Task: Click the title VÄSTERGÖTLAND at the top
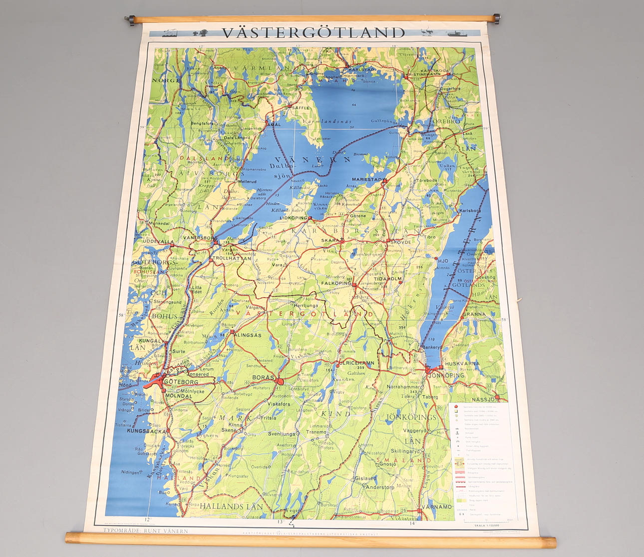click(x=314, y=33)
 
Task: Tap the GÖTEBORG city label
click(x=181, y=381)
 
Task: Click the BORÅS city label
click(x=263, y=377)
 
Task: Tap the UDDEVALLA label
click(x=158, y=241)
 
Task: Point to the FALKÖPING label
click(x=336, y=283)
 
